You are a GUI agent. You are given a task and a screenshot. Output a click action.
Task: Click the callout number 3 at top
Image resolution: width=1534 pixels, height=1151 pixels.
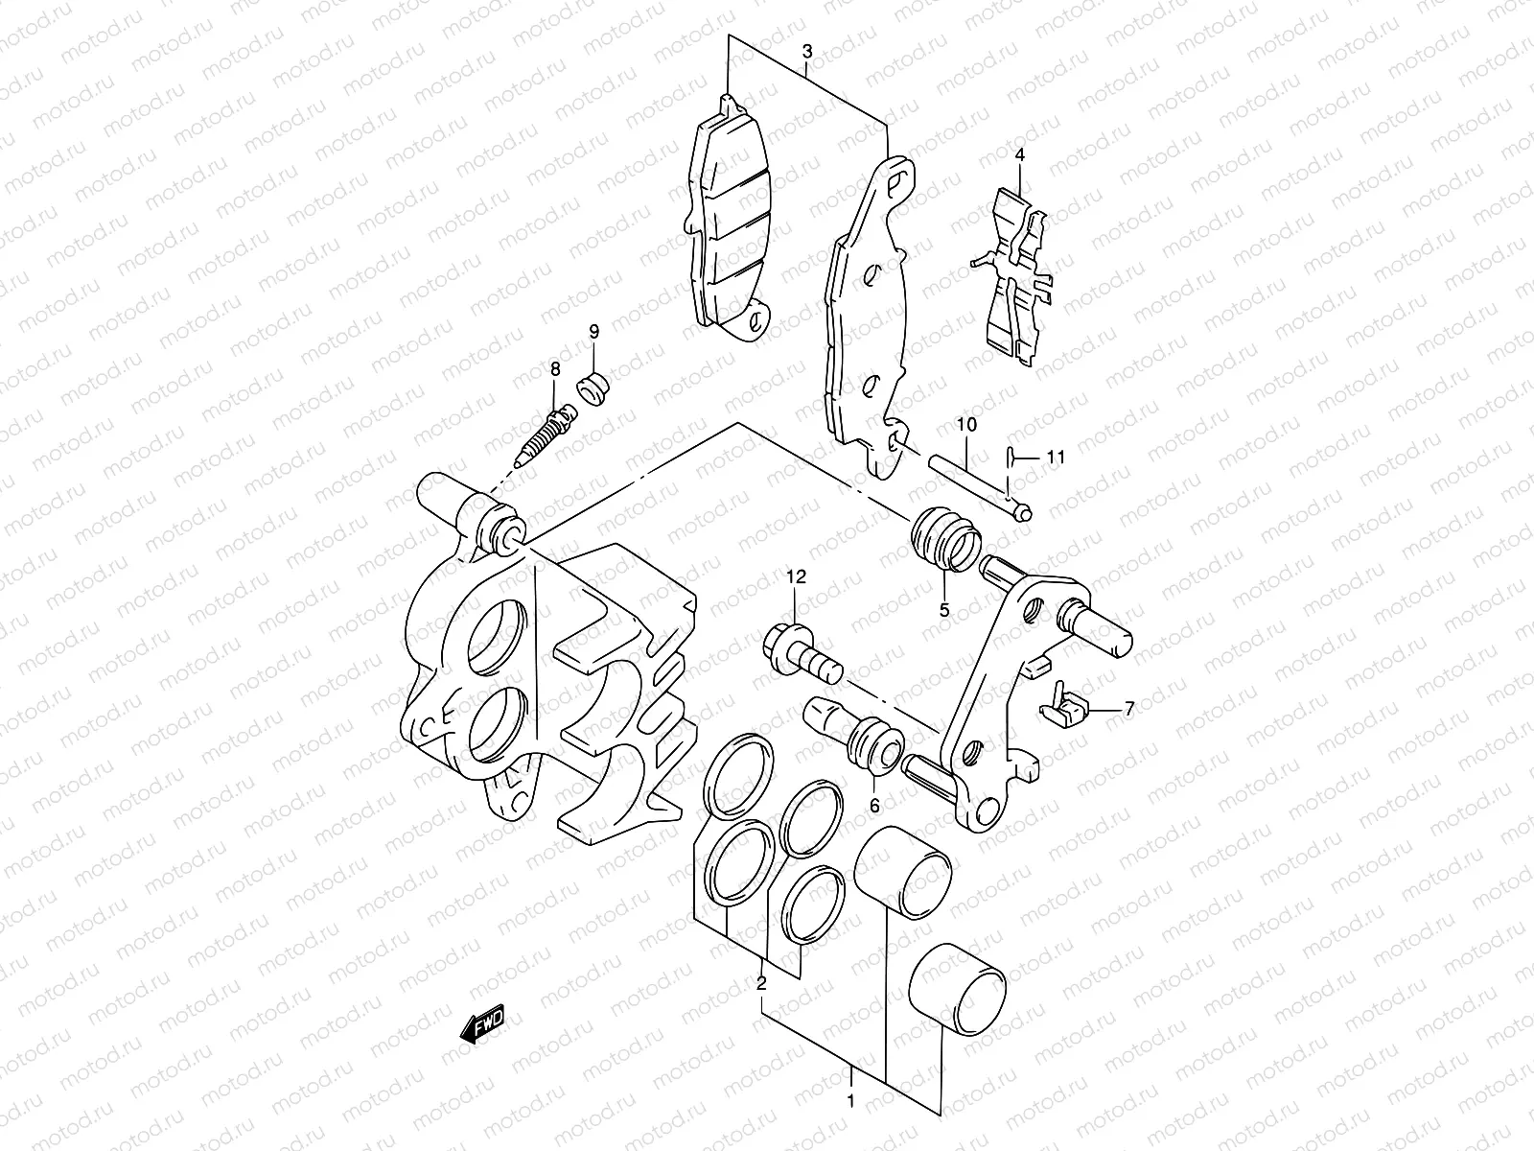point(807,51)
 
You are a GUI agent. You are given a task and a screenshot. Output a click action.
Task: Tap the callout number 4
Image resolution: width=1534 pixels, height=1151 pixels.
point(1019,154)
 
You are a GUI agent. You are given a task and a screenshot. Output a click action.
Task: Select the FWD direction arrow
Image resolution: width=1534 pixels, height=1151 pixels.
point(482,1027)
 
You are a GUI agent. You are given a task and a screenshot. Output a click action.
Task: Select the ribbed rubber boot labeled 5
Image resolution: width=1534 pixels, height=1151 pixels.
point(944,541)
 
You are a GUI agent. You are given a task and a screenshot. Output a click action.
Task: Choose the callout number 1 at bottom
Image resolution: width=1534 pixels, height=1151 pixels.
point(850,1100)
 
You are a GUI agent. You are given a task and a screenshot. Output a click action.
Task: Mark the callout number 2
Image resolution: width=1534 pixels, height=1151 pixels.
point(761,983)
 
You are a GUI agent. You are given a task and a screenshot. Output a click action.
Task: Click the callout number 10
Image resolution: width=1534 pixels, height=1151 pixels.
point(965,424)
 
